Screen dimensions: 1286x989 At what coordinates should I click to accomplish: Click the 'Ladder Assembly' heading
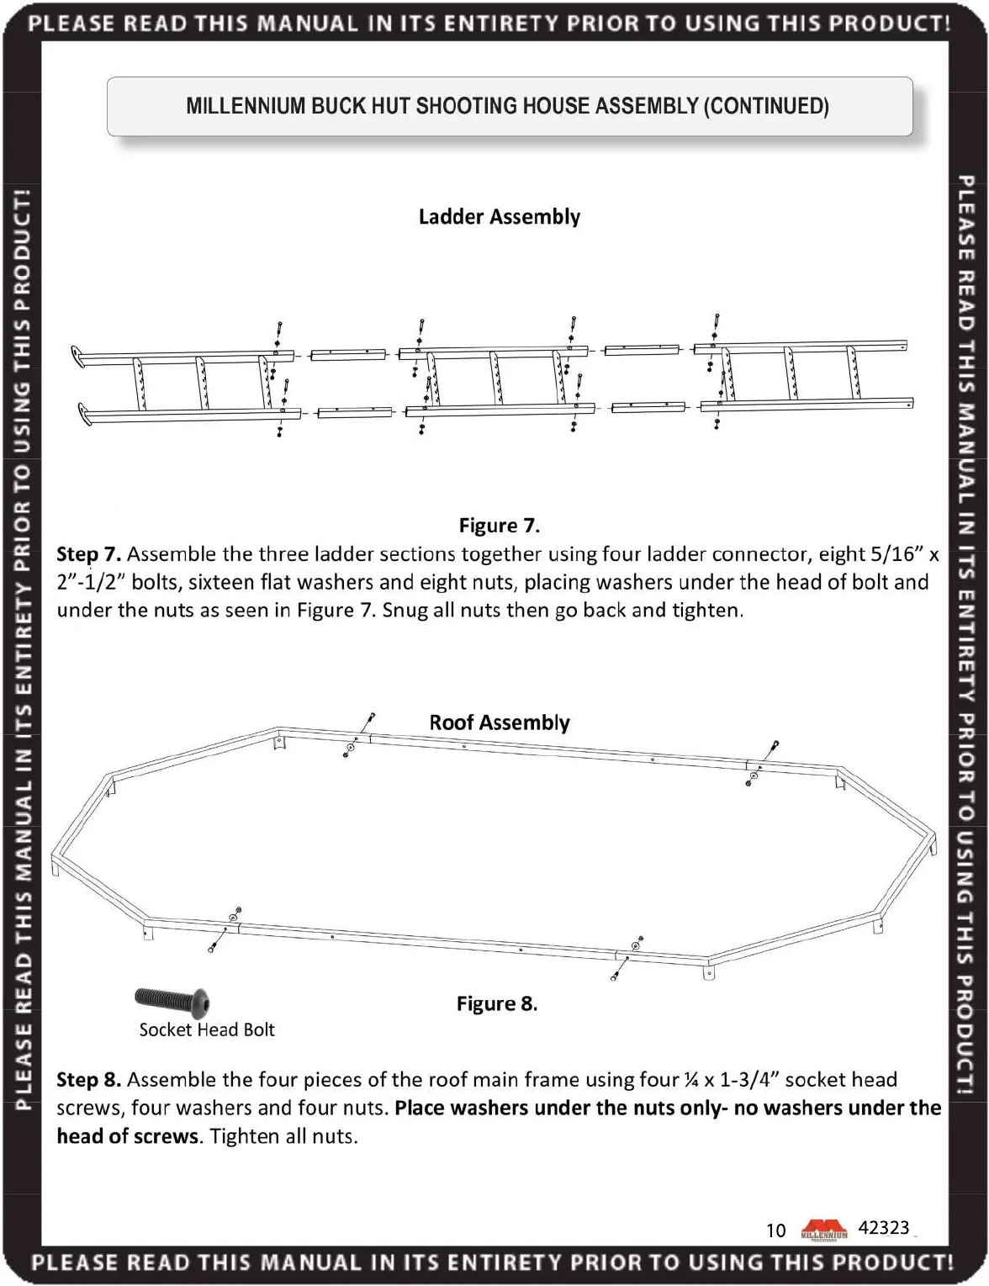tap(499, 217)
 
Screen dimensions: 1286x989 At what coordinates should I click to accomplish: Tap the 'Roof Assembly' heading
tap(499, 722)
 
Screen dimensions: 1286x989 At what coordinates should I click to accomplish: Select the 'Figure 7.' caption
tap(499, 526)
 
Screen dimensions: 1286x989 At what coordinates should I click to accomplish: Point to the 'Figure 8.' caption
tap(496, 1003)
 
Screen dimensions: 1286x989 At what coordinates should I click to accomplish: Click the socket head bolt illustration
tap(172, 1000)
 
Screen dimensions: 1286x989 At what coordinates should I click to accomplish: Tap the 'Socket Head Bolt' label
tap(207, 1030)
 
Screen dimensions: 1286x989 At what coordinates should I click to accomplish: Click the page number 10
tap(775, 1230)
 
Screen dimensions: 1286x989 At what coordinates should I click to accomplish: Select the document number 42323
tap(883, 1228)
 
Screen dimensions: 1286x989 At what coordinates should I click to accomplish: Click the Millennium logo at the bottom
tap(824, 1230)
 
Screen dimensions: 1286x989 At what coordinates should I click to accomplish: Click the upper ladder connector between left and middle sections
tap(348, 355)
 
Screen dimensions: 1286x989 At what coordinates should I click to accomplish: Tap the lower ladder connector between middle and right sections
tap(648, 407)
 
